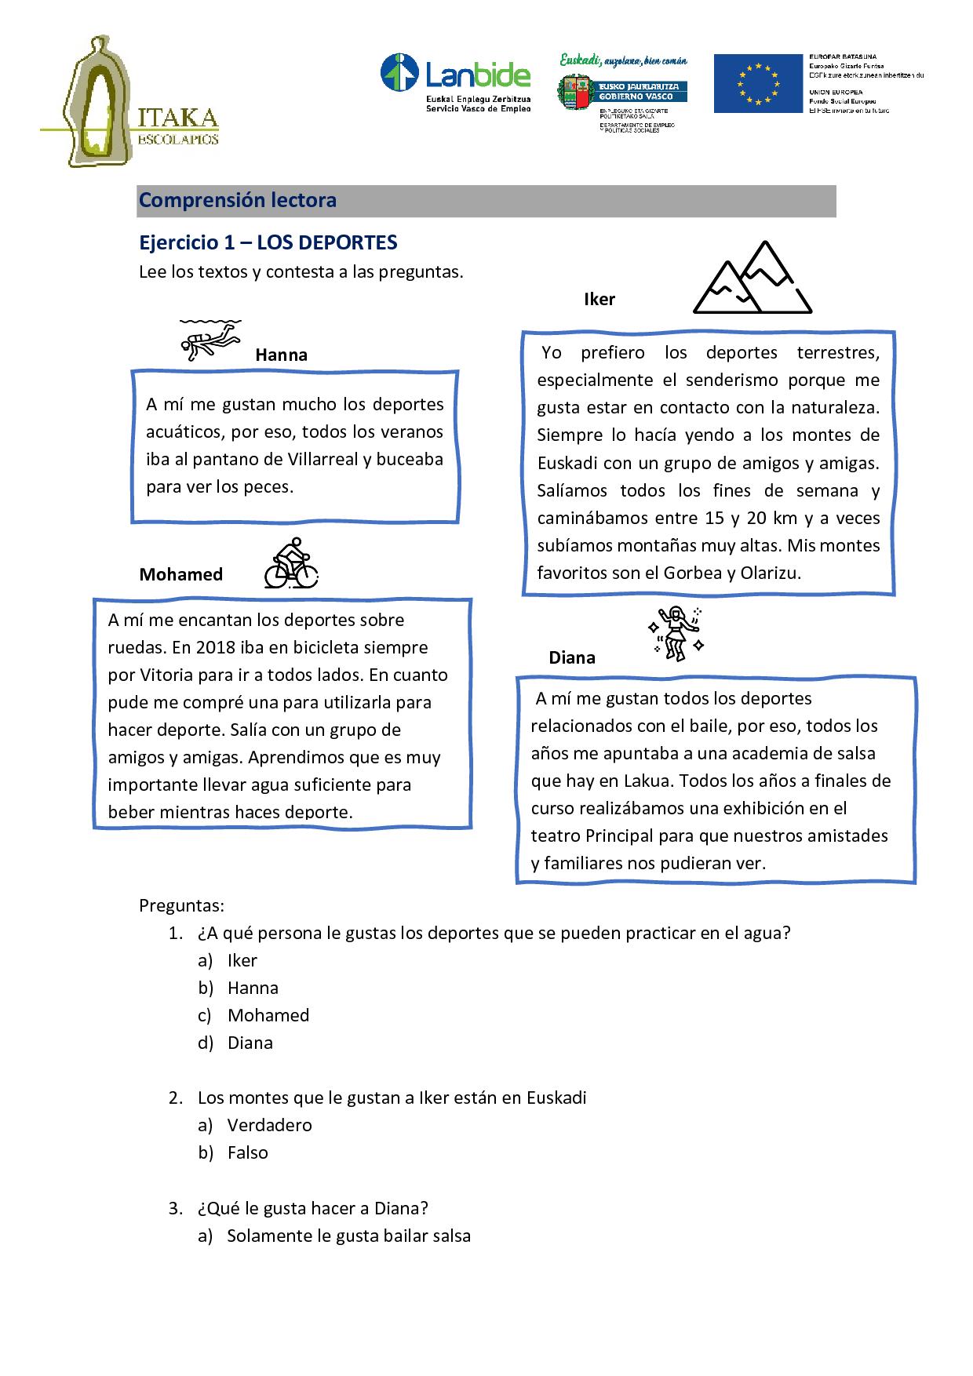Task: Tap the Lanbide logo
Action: [455, 82]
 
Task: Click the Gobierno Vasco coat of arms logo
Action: [576, 92]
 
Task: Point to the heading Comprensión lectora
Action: [238, 200]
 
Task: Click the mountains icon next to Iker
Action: [752, 278]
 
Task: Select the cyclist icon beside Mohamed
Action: [290, 564]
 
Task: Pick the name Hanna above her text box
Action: [281, 355]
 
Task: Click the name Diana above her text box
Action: [571, 657]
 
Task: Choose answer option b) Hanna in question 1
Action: [253, 988]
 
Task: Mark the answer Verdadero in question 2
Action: [269, 1125]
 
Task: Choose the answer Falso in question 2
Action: [247, 1152]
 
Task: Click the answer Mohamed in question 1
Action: [268, 1015]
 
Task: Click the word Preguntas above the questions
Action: [181, 905]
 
